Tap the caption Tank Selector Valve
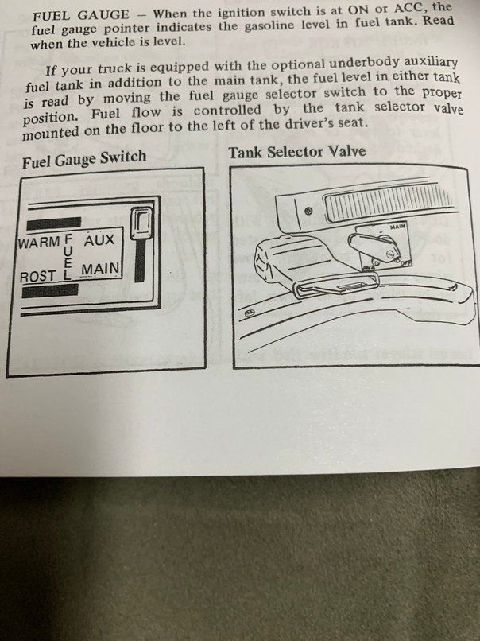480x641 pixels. (297, 151)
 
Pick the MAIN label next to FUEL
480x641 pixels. (100, 270)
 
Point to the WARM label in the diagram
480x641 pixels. (38, 240)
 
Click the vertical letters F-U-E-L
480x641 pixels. (68, 257)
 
